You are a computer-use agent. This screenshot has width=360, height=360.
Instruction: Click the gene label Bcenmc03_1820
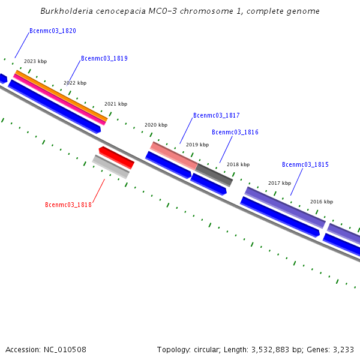point(53,31)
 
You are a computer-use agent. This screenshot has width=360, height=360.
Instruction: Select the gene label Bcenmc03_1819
point(104,59)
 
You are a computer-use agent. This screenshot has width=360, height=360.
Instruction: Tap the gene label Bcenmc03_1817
point(217,115)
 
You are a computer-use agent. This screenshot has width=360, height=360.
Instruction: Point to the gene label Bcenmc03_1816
point(235,132)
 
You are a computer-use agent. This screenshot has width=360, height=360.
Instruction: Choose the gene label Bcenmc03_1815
point(305,164)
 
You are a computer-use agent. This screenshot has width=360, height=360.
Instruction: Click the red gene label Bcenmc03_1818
point(68,205)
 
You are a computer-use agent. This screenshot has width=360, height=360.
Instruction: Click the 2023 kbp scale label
point(35,61)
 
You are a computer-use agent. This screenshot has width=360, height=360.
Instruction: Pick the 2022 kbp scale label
point(75,83)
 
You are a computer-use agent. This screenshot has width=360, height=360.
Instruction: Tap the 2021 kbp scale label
point(116,104)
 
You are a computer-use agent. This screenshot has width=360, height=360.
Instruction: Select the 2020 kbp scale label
point(156,125)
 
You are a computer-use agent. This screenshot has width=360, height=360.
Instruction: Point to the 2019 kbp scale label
point(197,145)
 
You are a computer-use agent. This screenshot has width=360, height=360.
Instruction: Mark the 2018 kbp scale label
point(238,164)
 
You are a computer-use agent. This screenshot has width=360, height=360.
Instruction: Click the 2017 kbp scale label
point(280,183)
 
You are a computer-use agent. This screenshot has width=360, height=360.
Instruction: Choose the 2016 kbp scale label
point(322,202)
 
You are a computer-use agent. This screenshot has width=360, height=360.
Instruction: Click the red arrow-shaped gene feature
point(116,157)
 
